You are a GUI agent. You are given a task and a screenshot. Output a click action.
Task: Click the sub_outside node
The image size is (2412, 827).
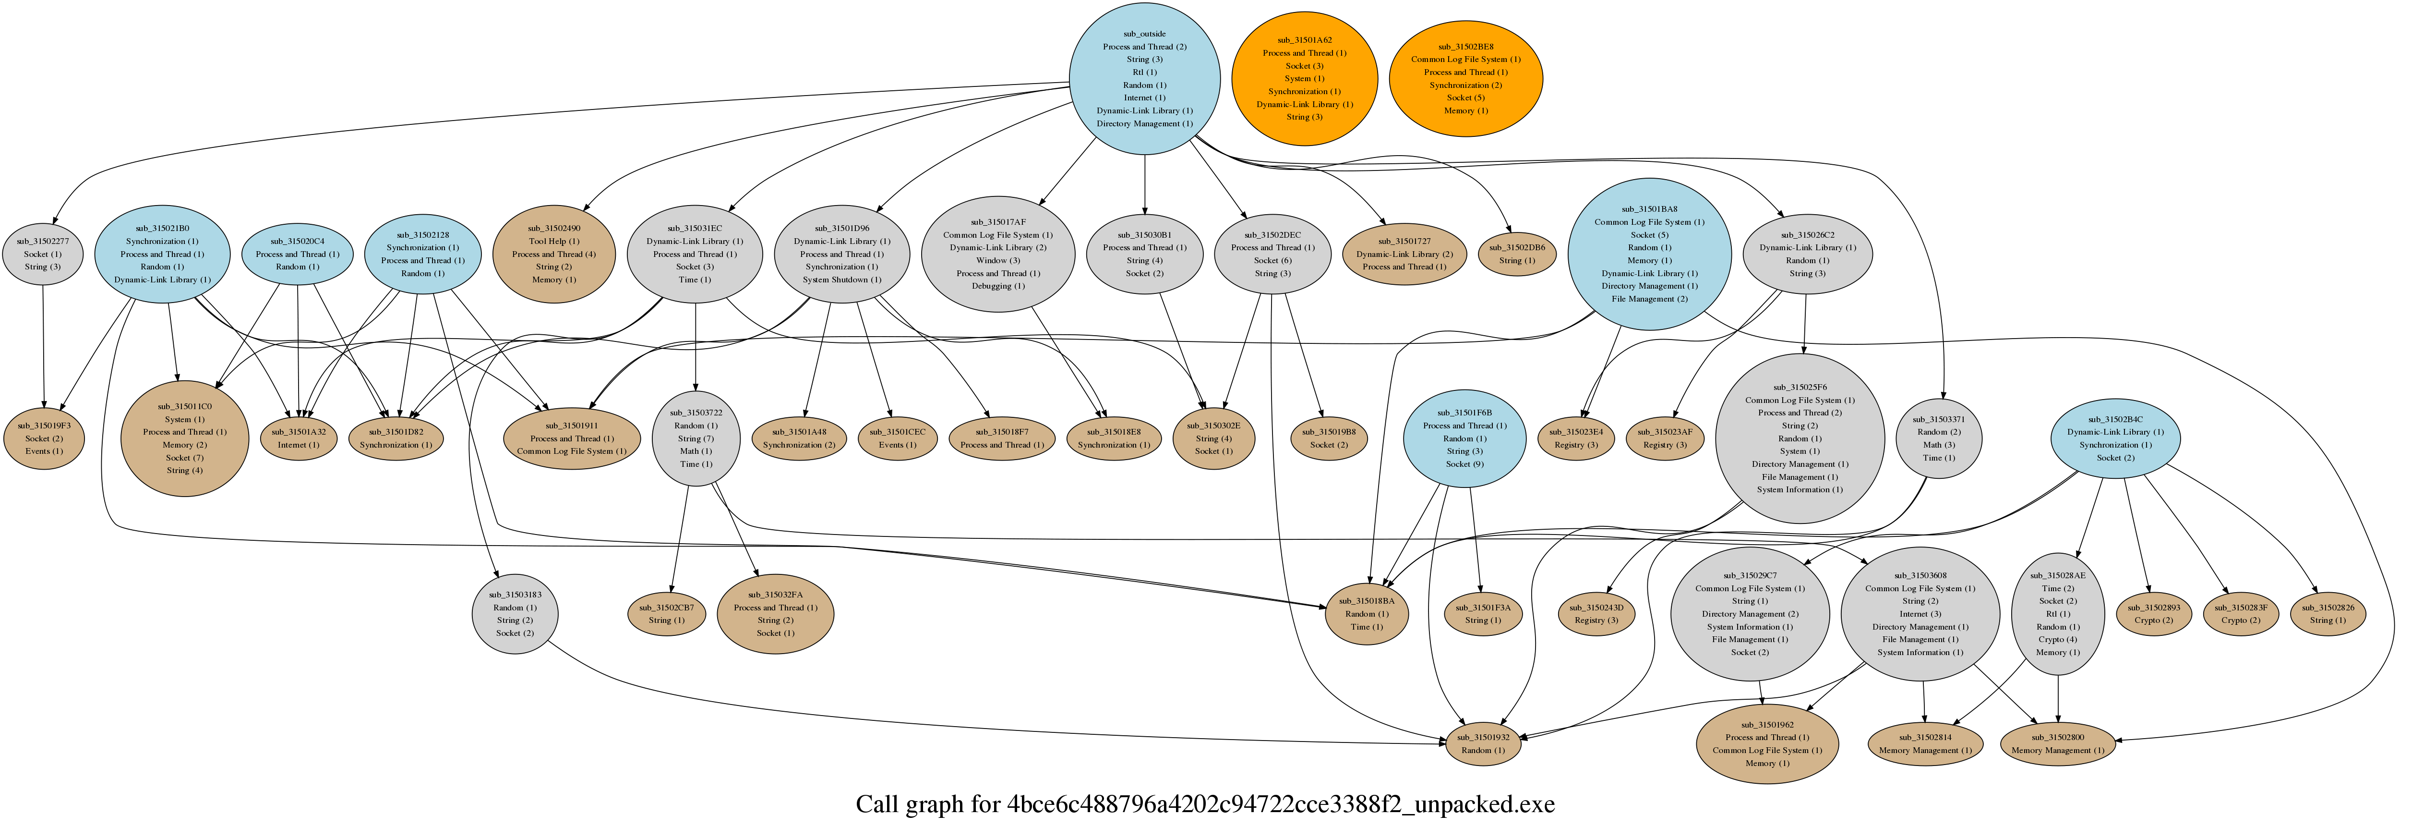click(x=1144, y=79)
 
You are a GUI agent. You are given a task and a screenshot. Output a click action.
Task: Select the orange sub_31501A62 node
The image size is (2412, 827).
click(x=1304, y=79)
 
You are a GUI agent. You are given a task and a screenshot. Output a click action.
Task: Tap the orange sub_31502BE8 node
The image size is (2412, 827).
click(x=1465, y=79)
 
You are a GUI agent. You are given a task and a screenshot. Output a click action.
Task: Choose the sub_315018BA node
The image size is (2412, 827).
click(x=1366, y=613)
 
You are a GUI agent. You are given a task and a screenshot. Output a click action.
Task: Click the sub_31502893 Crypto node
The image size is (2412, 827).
click(x=2154, y=613)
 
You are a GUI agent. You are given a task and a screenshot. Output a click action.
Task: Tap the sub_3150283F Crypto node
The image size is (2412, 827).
click(x=2241, y=613)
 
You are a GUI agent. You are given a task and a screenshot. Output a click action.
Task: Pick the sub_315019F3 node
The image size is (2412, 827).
click(x=44, y=438)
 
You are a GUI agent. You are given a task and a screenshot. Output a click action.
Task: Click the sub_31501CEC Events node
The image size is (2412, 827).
click(x=897, y=438)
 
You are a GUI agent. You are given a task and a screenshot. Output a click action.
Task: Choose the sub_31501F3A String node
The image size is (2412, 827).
click(x=1482, y=613)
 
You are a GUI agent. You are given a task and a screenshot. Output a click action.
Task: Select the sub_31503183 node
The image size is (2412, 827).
click(x=515, y=613)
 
